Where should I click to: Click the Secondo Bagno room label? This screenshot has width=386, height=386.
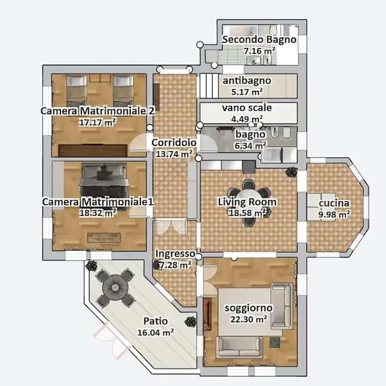[x=259, y=39]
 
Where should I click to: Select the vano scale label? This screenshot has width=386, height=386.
[x=247, y=108]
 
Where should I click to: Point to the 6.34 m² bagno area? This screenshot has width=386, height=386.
[x=250, y=146]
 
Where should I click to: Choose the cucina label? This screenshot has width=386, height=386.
[x=334, y=203]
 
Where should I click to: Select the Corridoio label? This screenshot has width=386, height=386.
[x=174, y=142]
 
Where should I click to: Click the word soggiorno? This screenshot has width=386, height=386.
[x=249, y=308]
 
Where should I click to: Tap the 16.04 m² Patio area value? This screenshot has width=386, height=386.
[x=156, y=332]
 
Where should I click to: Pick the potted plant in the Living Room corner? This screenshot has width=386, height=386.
[x=291, y=171]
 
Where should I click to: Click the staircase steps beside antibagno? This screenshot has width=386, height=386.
[x=209, y=86]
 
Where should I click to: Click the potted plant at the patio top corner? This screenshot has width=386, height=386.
[x=91, y=266]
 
